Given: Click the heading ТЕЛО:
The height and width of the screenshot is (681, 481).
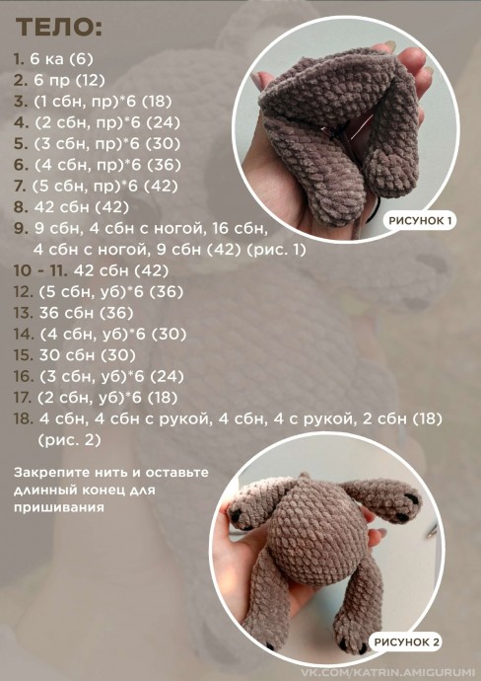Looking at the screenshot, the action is click(x=59, y=28).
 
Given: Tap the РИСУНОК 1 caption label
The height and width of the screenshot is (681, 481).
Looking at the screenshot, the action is click(x=420, y=221).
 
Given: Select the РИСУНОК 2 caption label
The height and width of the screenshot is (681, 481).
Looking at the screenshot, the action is click(x=407, y=642).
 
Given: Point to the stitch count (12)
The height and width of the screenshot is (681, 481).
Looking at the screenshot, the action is click(x=91, y=80).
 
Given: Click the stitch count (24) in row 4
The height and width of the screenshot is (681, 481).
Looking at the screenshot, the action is click(x=163, y=122).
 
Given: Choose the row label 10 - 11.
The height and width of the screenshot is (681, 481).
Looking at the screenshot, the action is click(x=40, y=271).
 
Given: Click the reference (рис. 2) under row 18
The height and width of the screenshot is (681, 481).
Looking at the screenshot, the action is click(x=69, y=440).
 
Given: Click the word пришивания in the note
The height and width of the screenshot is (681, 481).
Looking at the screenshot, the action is click(x=58, y=508).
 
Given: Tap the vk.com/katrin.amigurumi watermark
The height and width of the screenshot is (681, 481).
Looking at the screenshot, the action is click(x=390, y=673).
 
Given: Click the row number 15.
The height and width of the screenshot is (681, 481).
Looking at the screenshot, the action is click(x=23, y=355).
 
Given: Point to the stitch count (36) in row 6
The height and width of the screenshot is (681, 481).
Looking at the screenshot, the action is click(x=164, y=165).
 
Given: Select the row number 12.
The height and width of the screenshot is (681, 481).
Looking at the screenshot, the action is click(x=23, y=292).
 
